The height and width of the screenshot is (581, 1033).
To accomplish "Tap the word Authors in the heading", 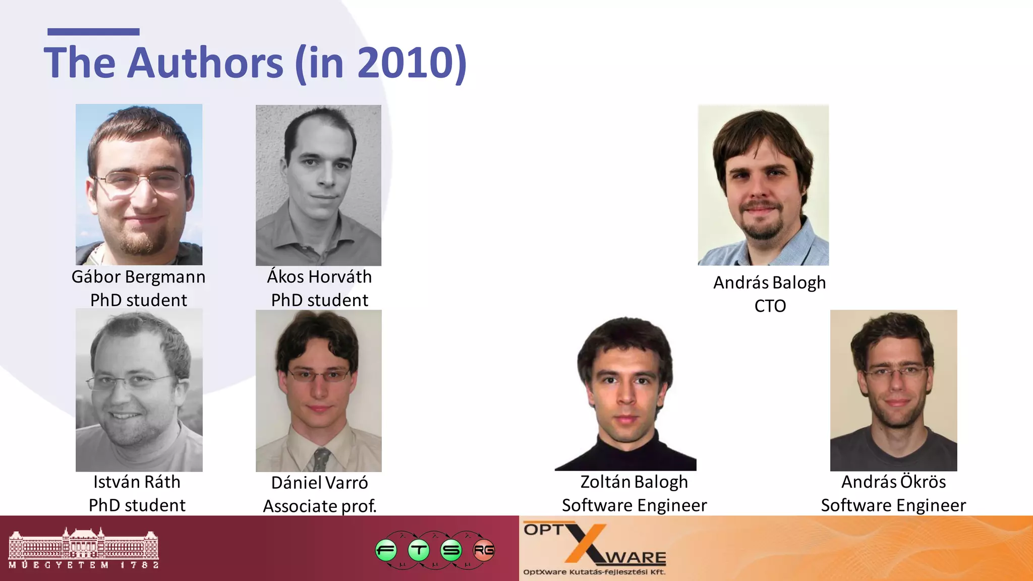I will coord(205,63).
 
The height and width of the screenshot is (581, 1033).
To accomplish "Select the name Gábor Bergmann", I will coord(138,277).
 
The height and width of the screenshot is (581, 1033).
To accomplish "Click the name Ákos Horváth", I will coord(319,277).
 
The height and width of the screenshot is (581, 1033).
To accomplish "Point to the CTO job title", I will coord(770,306).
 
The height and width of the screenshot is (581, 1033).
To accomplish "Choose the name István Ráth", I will coord(137,482).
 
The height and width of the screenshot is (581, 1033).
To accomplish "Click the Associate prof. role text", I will coord(320,506).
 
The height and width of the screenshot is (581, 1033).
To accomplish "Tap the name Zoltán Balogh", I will coord(634,482).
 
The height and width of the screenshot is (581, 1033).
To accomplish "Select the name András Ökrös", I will coord(893,482).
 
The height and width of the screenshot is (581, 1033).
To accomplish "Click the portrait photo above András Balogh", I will coord(763,185).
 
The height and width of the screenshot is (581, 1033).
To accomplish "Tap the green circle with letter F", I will coord(386,550).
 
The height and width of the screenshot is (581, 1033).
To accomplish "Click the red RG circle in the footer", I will coord(484,550).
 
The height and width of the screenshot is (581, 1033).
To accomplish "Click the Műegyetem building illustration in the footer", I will coord(83,545).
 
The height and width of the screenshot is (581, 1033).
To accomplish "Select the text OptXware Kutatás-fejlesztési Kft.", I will coord(594,572).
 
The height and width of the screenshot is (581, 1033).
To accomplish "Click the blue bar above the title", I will coord(93,32).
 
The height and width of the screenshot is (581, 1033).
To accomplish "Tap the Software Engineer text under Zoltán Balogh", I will coord(634,505).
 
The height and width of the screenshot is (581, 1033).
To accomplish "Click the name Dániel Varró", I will coord(319,483).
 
